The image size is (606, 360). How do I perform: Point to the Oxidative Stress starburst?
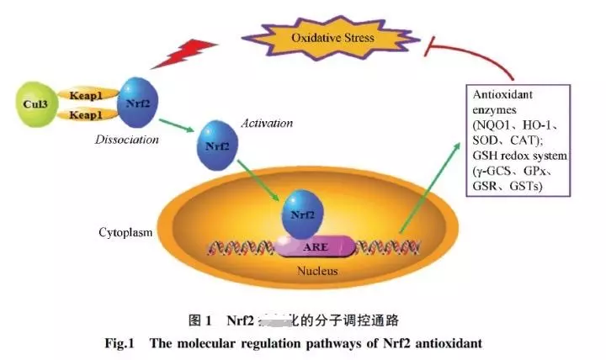[332, 38]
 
